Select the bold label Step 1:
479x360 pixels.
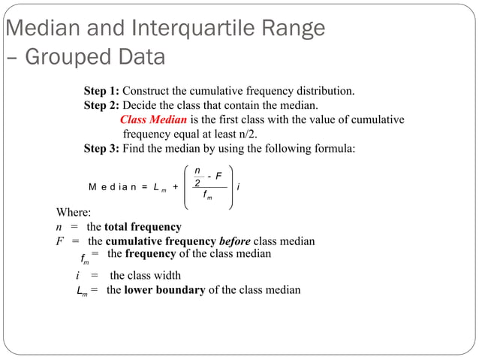(101, 91)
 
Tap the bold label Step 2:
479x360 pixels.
(101, 105)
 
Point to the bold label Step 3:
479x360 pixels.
(101, 149)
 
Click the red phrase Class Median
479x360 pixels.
(152, 120)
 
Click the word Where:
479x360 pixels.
(74, 213)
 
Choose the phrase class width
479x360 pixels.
(145, 275)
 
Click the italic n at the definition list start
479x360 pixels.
(59, 227)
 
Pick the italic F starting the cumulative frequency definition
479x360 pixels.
(59, 241)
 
